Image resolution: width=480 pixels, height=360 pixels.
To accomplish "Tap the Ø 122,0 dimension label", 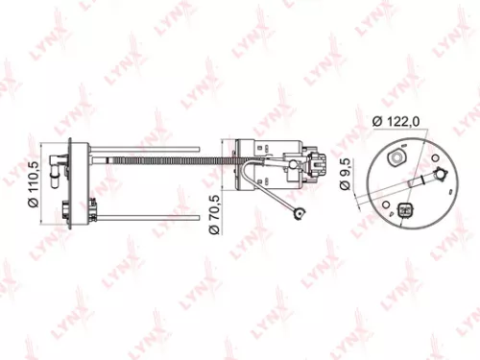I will point(397,120).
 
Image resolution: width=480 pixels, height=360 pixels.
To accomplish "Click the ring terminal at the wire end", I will point(301,217).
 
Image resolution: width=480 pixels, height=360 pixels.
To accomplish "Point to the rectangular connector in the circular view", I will point(403,212).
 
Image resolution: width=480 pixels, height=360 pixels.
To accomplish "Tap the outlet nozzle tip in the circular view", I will point(443,172).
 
